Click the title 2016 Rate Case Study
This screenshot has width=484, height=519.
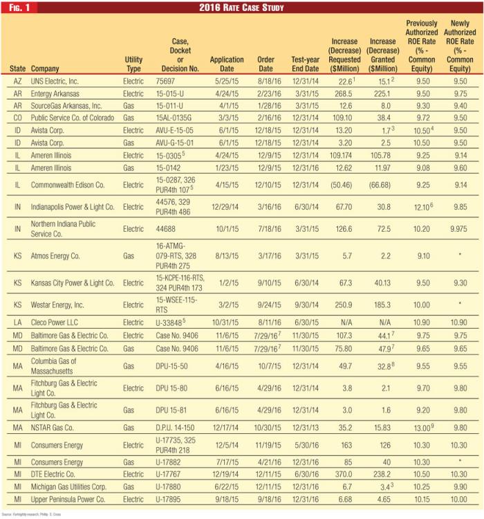(x=241, y=8)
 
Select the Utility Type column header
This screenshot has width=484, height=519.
(x=134, y=64)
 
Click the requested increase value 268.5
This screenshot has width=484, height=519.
(x=344, y=93)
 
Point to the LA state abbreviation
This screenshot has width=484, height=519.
(x=17, y=322)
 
